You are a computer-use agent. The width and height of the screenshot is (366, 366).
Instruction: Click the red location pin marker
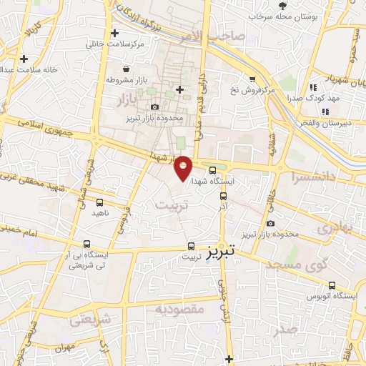184,167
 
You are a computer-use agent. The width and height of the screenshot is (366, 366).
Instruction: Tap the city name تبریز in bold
215,255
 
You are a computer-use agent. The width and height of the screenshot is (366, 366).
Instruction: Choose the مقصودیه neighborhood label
181,309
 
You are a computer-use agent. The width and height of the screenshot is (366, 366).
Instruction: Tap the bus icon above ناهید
99,202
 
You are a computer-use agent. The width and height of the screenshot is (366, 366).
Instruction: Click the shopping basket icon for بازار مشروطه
127,69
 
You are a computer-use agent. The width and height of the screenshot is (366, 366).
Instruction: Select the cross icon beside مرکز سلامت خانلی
114,33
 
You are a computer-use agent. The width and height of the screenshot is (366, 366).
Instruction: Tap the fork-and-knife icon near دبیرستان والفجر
325,111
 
